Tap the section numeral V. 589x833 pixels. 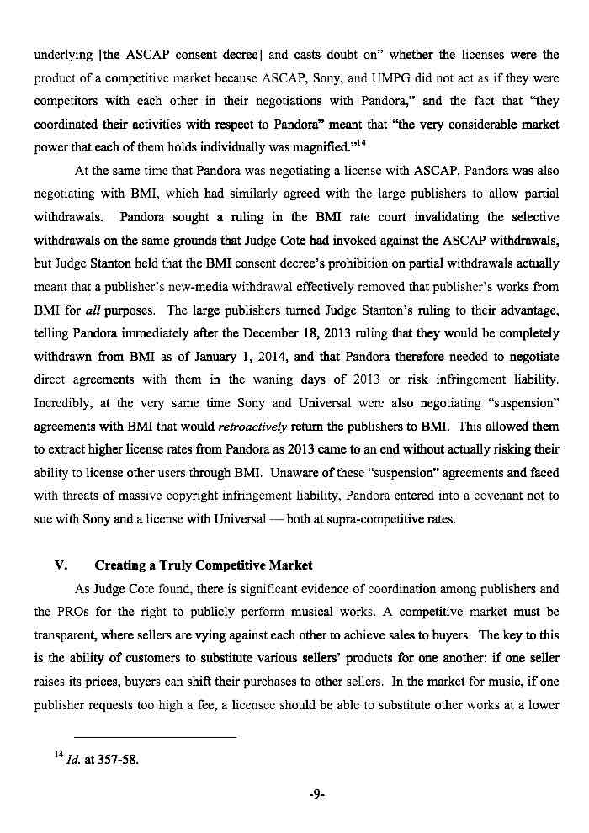50,564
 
